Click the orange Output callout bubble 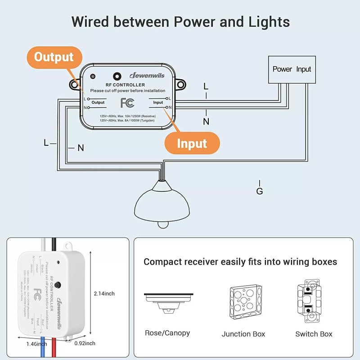(x=54, y=57)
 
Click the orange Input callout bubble (x=192, y=144)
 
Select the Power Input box (x=292, y=69)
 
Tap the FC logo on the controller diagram (x=127, y=103)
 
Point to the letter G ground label (x=259, y=191)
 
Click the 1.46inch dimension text (x=36, y=344)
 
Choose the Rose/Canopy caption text (x=167, y=333)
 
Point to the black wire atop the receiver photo (x=54, y=246)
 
